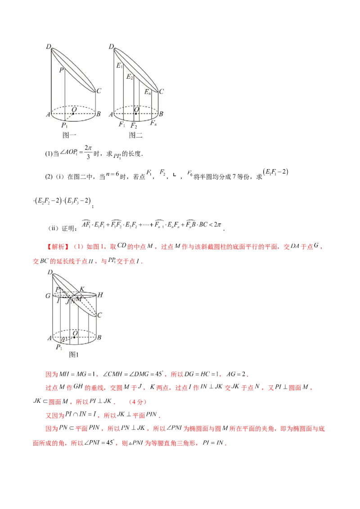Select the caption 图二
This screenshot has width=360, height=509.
tap(135, 135)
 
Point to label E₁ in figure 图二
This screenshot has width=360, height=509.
tap(119, 66)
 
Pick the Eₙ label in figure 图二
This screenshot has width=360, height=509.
tap(148, 92)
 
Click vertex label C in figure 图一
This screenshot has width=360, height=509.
tap(99, 91)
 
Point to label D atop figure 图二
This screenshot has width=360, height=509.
tap(111, 46)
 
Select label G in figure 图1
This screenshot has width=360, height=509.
tap(48, 296)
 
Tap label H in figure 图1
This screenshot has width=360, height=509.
tap(100, 295)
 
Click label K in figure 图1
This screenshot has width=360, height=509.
tap(81, 289)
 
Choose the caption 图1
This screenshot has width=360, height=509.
tap(74, 355)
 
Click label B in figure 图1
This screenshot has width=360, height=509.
tap(99, 337)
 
